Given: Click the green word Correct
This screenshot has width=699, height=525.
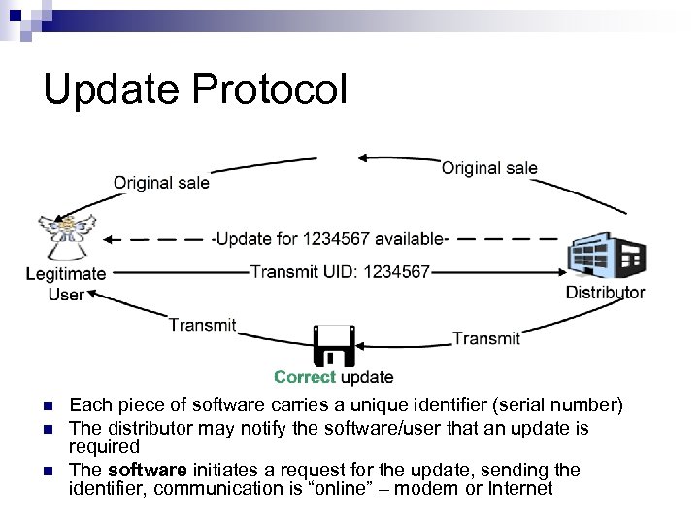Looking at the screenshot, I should point(305,377).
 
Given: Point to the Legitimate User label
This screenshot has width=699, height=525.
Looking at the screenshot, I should point(66,284).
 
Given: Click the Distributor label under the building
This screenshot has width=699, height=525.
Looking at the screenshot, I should point(605,293).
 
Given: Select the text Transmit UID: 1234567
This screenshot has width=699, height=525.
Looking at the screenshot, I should point(340,272).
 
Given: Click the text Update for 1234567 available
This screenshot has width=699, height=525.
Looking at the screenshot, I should point(329,239).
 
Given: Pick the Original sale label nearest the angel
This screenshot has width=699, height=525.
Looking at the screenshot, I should point(161,182).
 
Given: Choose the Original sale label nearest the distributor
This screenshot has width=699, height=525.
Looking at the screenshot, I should point(489,168).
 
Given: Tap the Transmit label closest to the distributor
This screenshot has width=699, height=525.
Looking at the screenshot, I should point(486,337).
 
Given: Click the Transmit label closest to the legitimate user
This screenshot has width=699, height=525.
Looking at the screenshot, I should point(202,325).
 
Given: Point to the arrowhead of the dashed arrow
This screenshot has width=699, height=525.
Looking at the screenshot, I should point(111,238).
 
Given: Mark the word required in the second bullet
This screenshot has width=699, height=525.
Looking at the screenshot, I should point(105,446).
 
